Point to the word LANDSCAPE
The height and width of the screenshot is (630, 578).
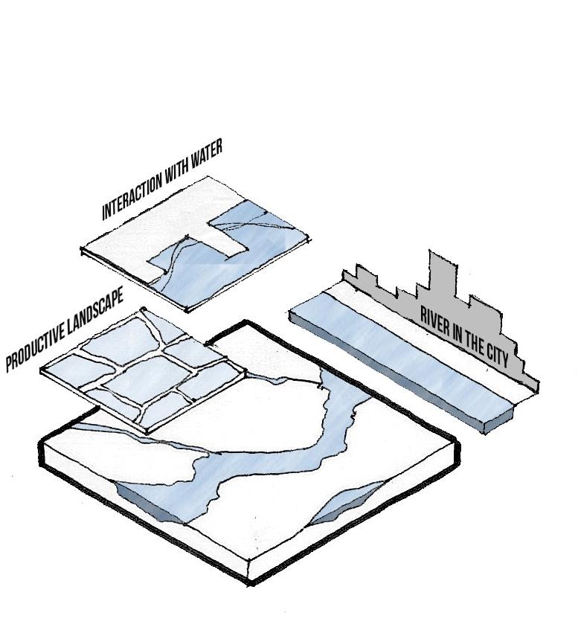click(94, 312)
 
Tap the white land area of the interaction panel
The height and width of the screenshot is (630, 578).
click(141, 238)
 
